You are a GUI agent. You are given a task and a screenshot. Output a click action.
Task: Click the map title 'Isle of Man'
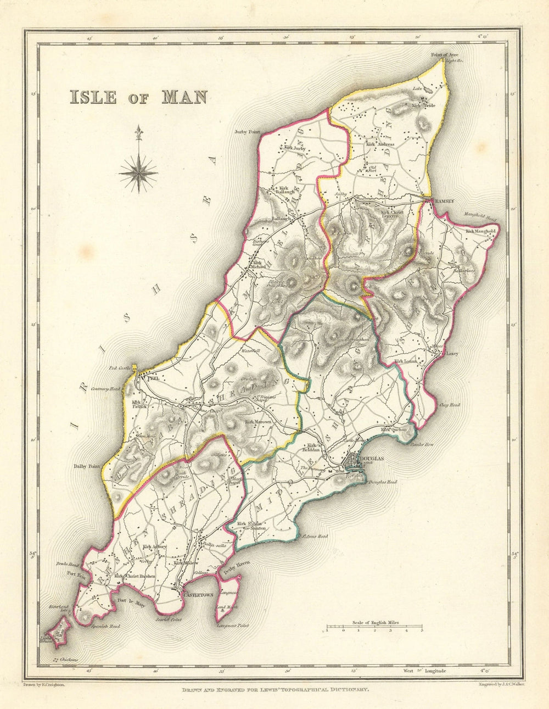pyautogui.click(x=137, y=96)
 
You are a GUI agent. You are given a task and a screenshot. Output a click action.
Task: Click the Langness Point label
pyautogui.click(x=233, y=626)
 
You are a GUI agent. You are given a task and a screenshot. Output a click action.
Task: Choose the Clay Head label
pyautogui.click(x=450, y=405)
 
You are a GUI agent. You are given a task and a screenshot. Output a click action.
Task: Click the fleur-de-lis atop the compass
pyautogui.click(x=139, y=131)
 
